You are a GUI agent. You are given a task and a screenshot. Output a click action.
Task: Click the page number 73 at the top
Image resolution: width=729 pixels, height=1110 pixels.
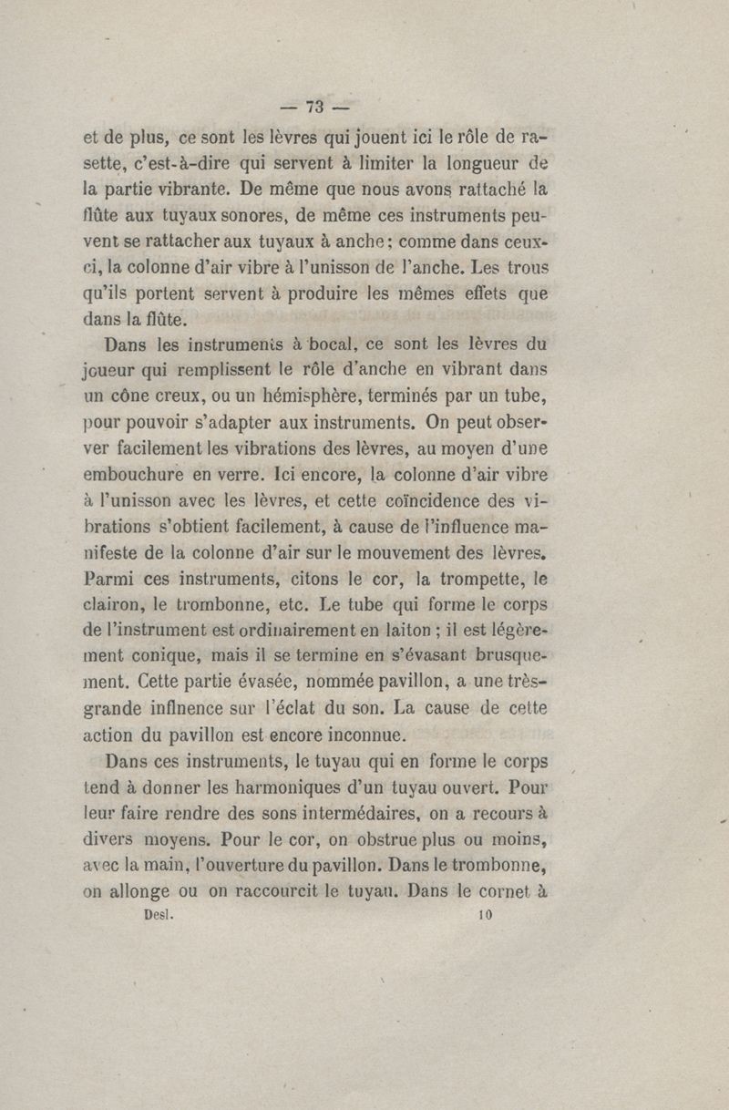pyautogui.click(x=315, y=106)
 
